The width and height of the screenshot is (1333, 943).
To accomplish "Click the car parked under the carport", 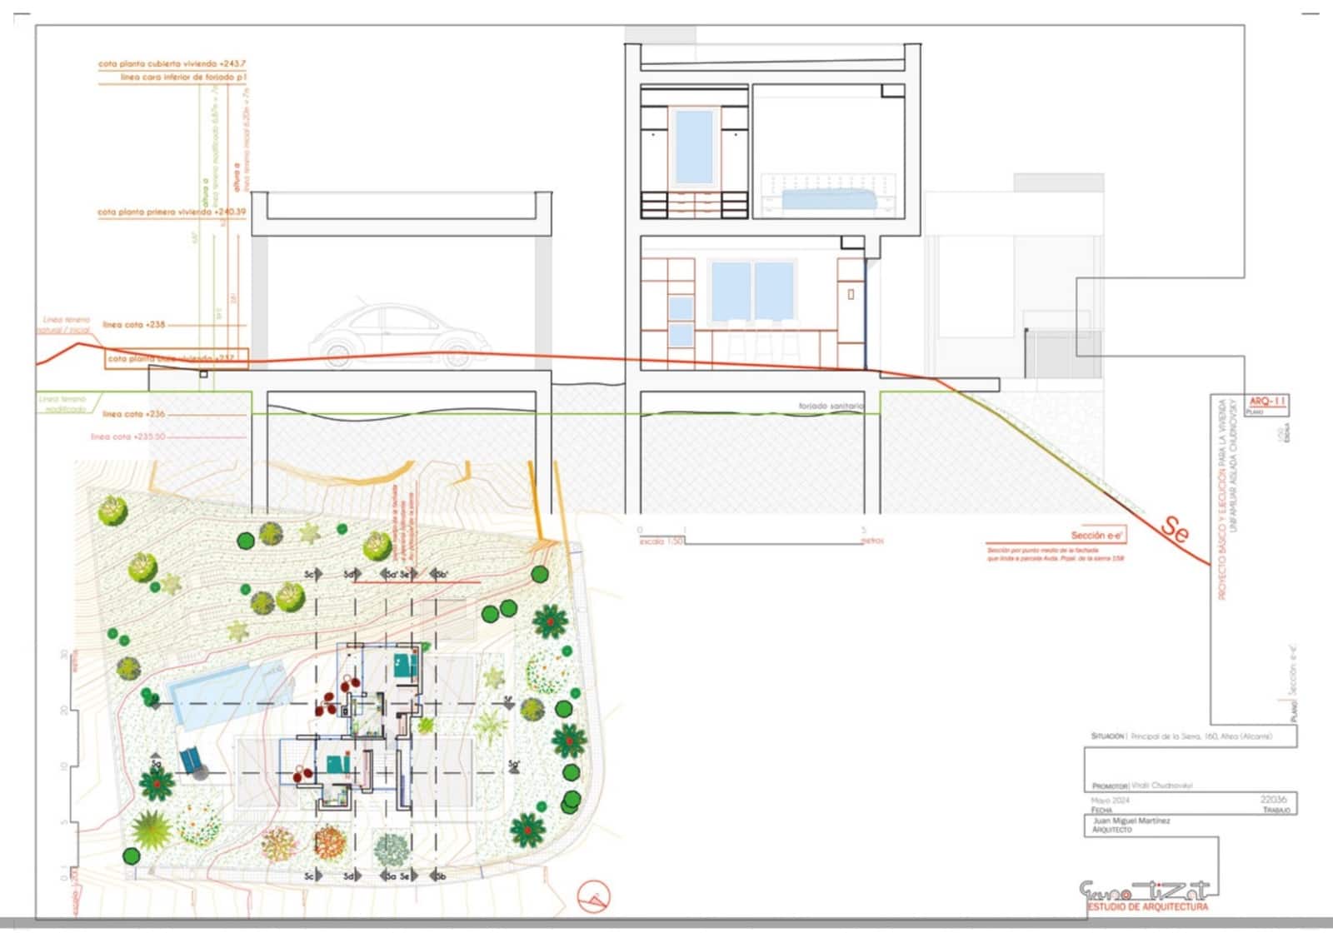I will coord(400,335).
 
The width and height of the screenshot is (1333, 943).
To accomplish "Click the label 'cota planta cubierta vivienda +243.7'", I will coord(172,63).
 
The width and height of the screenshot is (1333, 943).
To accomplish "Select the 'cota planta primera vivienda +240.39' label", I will coord(172,212).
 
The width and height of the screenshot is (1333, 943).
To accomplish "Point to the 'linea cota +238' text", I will coord(134,325).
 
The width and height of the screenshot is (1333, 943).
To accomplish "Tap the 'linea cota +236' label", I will coord(134,414).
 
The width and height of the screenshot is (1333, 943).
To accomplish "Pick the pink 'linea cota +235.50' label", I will coord(128,437).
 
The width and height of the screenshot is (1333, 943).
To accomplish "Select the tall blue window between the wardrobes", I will coord(693,147).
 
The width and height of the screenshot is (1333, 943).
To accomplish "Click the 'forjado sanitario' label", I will coord(831,406).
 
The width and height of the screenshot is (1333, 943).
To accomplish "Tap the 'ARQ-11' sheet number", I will coord(1267,402).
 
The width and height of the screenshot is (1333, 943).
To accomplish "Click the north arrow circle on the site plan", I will coord(594,897).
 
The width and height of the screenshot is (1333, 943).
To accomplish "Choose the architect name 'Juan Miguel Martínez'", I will coord(1131,821).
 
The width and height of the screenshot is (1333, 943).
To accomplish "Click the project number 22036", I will coord(1273,799).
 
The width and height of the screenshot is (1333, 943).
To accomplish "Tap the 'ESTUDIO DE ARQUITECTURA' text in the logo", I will coord(1148,906).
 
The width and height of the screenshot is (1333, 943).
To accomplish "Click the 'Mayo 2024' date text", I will coord(1111,801).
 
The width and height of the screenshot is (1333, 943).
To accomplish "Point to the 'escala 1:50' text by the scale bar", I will coord(661,541).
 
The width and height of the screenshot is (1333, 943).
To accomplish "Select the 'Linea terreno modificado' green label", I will coord(65,404).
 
